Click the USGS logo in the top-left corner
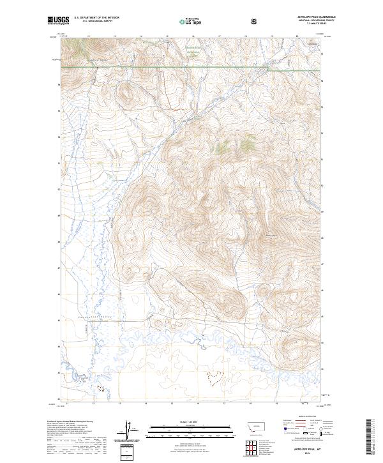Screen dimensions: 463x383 59,20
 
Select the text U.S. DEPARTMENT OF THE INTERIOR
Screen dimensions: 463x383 98,17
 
